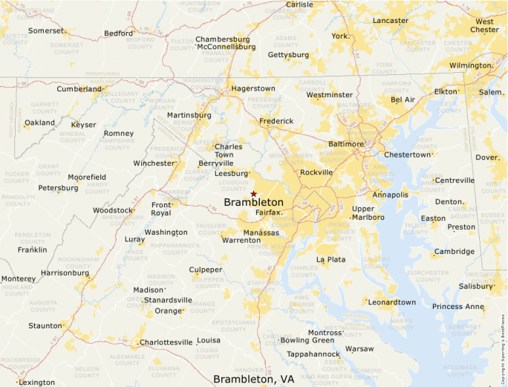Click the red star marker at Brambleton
[253, 193]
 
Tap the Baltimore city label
[346, 144]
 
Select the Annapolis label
[390, 195]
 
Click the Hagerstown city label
[253, 88]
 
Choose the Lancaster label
[391, 21]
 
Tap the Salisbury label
[476, 286]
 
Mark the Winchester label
[154, 163]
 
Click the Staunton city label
[45, 325]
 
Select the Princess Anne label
[458, 306]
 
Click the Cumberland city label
[79, 89]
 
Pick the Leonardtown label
[392, 302]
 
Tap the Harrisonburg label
[66, 273]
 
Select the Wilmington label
[470, 65]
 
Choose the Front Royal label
[161, 209]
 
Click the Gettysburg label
[288, 55]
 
